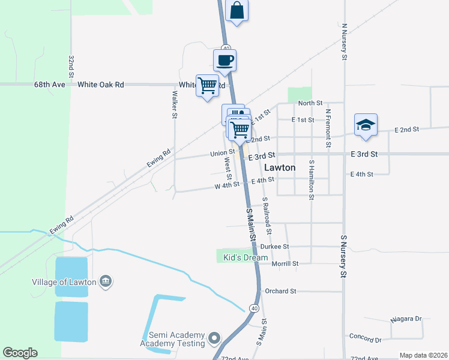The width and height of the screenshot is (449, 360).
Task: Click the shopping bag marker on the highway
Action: pos(237,11)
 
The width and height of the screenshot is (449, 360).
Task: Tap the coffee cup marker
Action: pos(225,61)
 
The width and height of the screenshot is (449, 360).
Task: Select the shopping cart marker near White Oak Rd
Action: pos(207,86)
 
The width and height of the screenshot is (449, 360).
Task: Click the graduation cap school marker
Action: pos(366,125)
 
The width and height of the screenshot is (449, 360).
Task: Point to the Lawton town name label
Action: pos(280,168)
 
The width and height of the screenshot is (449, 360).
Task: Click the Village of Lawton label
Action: pos(65,281)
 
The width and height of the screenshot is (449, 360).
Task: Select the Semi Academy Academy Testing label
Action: pos(172,339)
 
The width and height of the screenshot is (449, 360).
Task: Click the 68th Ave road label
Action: pos(49,85)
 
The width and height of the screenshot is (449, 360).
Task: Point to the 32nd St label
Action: pos(71,67)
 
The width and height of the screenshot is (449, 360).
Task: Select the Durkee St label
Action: pos(275,247)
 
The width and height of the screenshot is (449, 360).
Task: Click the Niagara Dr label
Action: pos(406,319)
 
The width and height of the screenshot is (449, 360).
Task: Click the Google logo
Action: pos(20,353)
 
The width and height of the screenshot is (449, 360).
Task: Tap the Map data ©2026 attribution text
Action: pos(423,355)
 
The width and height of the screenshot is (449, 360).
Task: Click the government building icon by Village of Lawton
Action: pos(105,281)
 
